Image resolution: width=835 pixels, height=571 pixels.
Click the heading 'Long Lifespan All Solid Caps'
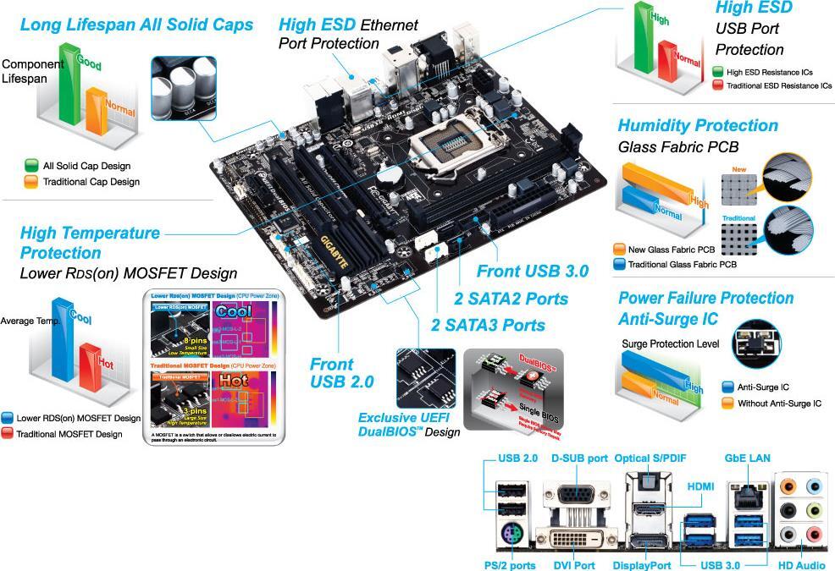coord(136,25)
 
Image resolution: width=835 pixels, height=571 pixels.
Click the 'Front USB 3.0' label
coord(532,272)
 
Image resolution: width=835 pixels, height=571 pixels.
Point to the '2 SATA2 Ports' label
coord(511,299)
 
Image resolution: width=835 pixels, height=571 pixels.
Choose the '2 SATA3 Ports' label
coord(488,325)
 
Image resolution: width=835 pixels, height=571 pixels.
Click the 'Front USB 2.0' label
coord(341,373)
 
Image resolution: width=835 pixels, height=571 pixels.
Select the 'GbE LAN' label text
coord(747,458)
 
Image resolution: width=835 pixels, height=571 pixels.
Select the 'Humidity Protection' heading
coord(698,126)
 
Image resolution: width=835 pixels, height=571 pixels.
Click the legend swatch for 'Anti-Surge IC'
coord(727,387)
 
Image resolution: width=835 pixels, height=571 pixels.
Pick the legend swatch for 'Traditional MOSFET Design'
coord(8,434)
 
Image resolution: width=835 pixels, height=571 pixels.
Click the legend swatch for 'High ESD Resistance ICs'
coord(718,73)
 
